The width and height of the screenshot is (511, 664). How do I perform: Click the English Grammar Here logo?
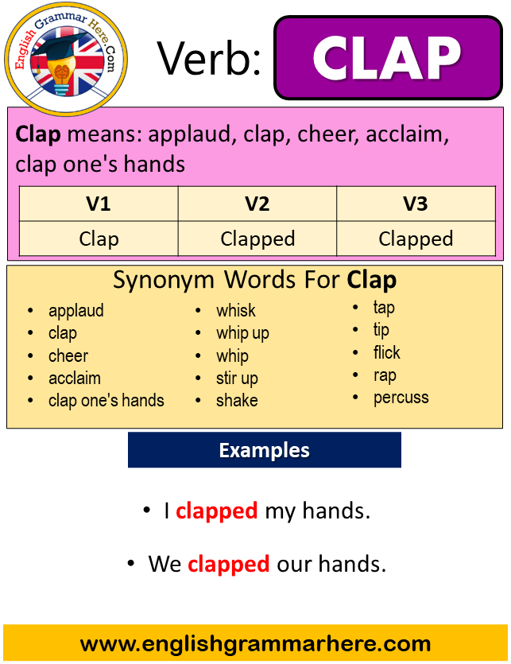[x=66, y=60]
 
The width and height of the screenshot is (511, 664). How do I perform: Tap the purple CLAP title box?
[x=389, y=57]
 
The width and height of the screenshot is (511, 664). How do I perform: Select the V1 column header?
[x=99, y=204]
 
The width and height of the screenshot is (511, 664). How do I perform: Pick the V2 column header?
[x=257, y=204]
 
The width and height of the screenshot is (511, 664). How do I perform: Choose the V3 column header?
[x=416, y=204]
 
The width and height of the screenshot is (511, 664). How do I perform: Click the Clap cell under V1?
[x=99, y=239]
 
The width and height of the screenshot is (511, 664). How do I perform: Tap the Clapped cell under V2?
[x=257, y=239]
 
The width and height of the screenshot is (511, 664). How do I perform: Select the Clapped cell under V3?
[x=416, y=239]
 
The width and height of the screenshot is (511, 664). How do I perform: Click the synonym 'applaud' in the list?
[x=75, y=311]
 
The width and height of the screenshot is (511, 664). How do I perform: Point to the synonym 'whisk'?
[x=236, y=310]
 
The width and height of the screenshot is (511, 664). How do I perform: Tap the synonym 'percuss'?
[x=401, y=398]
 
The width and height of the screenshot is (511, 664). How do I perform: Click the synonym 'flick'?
[x=386, y=352]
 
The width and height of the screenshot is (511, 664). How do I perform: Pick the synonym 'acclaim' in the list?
[x=75, y=379]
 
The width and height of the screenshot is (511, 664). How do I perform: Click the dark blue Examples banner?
[x=264, y=450]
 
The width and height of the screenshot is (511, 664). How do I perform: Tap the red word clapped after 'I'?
[x=217, y=511]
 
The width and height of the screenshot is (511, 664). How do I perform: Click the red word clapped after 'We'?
[x=229, y=565]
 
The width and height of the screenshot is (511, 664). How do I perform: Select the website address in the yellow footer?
[x=255, y=644]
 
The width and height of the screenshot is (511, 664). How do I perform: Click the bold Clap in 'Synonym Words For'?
[x=372, y=281]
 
